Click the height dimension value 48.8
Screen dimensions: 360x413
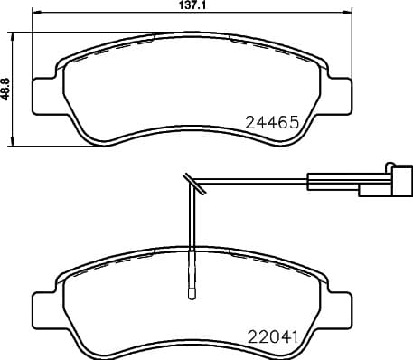(x=7, y=87)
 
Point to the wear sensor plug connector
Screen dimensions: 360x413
(x=378, y=182)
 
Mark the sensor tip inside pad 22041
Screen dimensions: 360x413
(x=191, y=292)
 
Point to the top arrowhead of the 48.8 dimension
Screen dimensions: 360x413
(x=13, y=34)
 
